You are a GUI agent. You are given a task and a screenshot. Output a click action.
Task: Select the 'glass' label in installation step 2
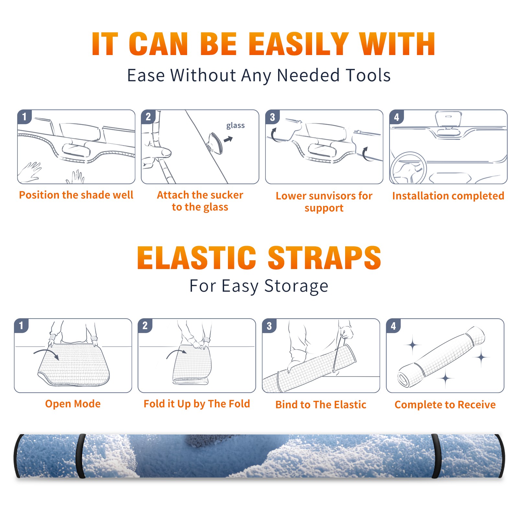tap(235, 126)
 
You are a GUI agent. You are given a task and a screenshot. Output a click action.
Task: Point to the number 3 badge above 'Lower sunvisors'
tap(272, 117)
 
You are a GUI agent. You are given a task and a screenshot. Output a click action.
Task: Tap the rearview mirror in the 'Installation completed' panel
tap(448, 118)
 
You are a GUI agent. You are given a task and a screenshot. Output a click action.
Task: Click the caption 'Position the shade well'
tap(76, 195)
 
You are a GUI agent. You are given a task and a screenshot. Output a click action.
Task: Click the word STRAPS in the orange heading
tap(324, 258)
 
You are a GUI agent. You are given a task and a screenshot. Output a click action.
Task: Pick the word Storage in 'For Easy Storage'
tap(296, 286)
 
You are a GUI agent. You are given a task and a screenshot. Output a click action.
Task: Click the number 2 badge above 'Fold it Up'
tap(145, 325)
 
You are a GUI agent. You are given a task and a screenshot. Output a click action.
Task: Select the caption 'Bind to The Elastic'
tap(321, 405)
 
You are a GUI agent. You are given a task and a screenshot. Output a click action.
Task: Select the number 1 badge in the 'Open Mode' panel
tap(21, 325)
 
